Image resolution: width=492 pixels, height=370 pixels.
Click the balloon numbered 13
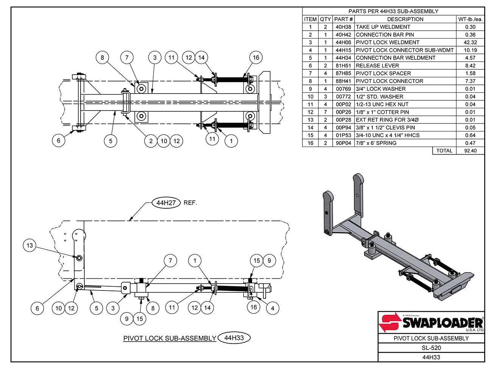(30, 245)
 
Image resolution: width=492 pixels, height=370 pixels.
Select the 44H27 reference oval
(166, 203)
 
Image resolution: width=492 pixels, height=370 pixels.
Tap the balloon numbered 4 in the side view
(272, 308)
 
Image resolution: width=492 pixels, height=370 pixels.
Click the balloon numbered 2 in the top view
(151, 141)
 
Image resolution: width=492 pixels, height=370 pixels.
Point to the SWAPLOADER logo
(431, 323)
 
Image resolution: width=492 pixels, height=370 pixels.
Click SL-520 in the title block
(431, 348)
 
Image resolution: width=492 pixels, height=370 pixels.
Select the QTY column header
(325, 19)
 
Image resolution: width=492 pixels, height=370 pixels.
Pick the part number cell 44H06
(343, 42)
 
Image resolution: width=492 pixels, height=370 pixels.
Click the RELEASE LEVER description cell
(377, 66)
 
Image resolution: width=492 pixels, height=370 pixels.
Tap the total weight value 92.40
(470, 151)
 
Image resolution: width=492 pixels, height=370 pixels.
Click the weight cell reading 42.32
(470, 42)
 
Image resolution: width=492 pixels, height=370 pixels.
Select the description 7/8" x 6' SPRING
(376, 143)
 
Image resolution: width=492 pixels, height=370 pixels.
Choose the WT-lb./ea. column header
(470, 19)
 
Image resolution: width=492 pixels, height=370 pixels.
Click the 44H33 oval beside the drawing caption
(234, 338)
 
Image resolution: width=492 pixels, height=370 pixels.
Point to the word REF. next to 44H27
(190, 203)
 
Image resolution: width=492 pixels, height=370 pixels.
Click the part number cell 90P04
(343, 143)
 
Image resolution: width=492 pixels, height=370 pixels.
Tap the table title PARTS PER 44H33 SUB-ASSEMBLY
(393, 11)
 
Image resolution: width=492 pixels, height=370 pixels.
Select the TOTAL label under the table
(444, 151)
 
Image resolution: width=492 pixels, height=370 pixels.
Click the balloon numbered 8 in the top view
(102, 58)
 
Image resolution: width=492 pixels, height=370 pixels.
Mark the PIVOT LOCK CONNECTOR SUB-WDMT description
(405, 50)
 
